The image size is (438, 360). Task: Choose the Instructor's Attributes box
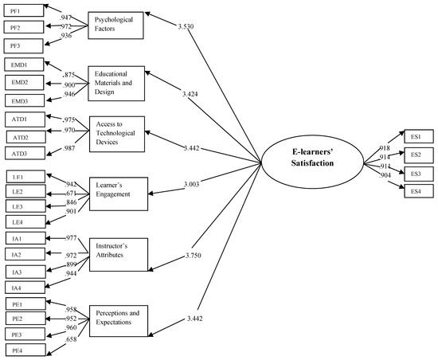tap(118, 252)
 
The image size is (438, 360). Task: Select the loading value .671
tap(72, 194)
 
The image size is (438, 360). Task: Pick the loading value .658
tap(72, 339)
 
